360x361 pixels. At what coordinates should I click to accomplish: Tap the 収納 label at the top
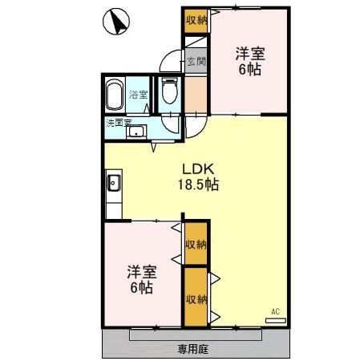coord(196,19)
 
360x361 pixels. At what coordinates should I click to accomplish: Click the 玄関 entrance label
coord(196,61)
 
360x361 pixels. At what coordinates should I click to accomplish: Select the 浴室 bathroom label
coord(139,95)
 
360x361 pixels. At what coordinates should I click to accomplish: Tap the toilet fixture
coord(169,92)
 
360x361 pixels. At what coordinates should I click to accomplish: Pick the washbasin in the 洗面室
coord(136,132)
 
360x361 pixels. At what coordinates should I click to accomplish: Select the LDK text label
coord(197,169)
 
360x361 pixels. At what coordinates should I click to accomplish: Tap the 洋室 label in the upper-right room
coord(250,54)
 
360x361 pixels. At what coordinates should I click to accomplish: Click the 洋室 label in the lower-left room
coord(139,271)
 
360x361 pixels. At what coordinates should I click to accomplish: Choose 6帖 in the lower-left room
coord(139,286)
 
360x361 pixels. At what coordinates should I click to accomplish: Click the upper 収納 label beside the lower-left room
coord(196,244)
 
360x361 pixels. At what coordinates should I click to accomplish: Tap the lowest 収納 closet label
coord(196,299)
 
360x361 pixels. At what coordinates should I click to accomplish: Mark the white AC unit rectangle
coord(275,318)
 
